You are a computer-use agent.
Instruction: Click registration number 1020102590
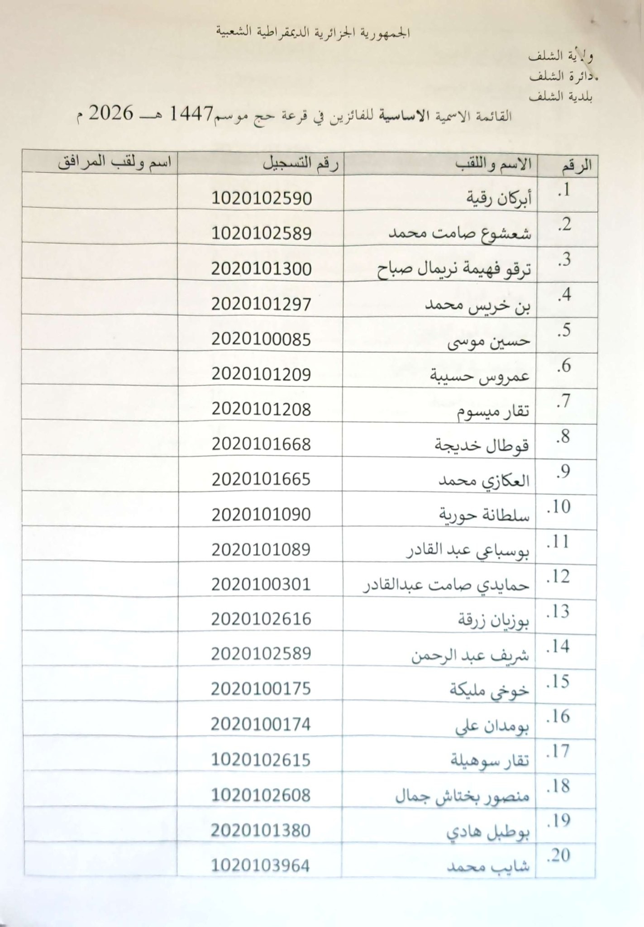click(262, 198)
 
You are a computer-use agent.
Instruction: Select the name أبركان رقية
click(499, 199)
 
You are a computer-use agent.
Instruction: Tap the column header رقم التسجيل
click(301, 164)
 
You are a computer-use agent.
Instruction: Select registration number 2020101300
click(262, 269)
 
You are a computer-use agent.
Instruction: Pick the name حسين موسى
click(489, 341)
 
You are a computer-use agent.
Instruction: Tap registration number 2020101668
click(262, 444)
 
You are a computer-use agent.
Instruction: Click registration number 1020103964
click(261, 866)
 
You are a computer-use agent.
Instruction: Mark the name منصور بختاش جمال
click(462, 797)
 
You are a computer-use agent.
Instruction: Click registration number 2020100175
click(261, 689)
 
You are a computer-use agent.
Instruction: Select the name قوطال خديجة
click(482, 445)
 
